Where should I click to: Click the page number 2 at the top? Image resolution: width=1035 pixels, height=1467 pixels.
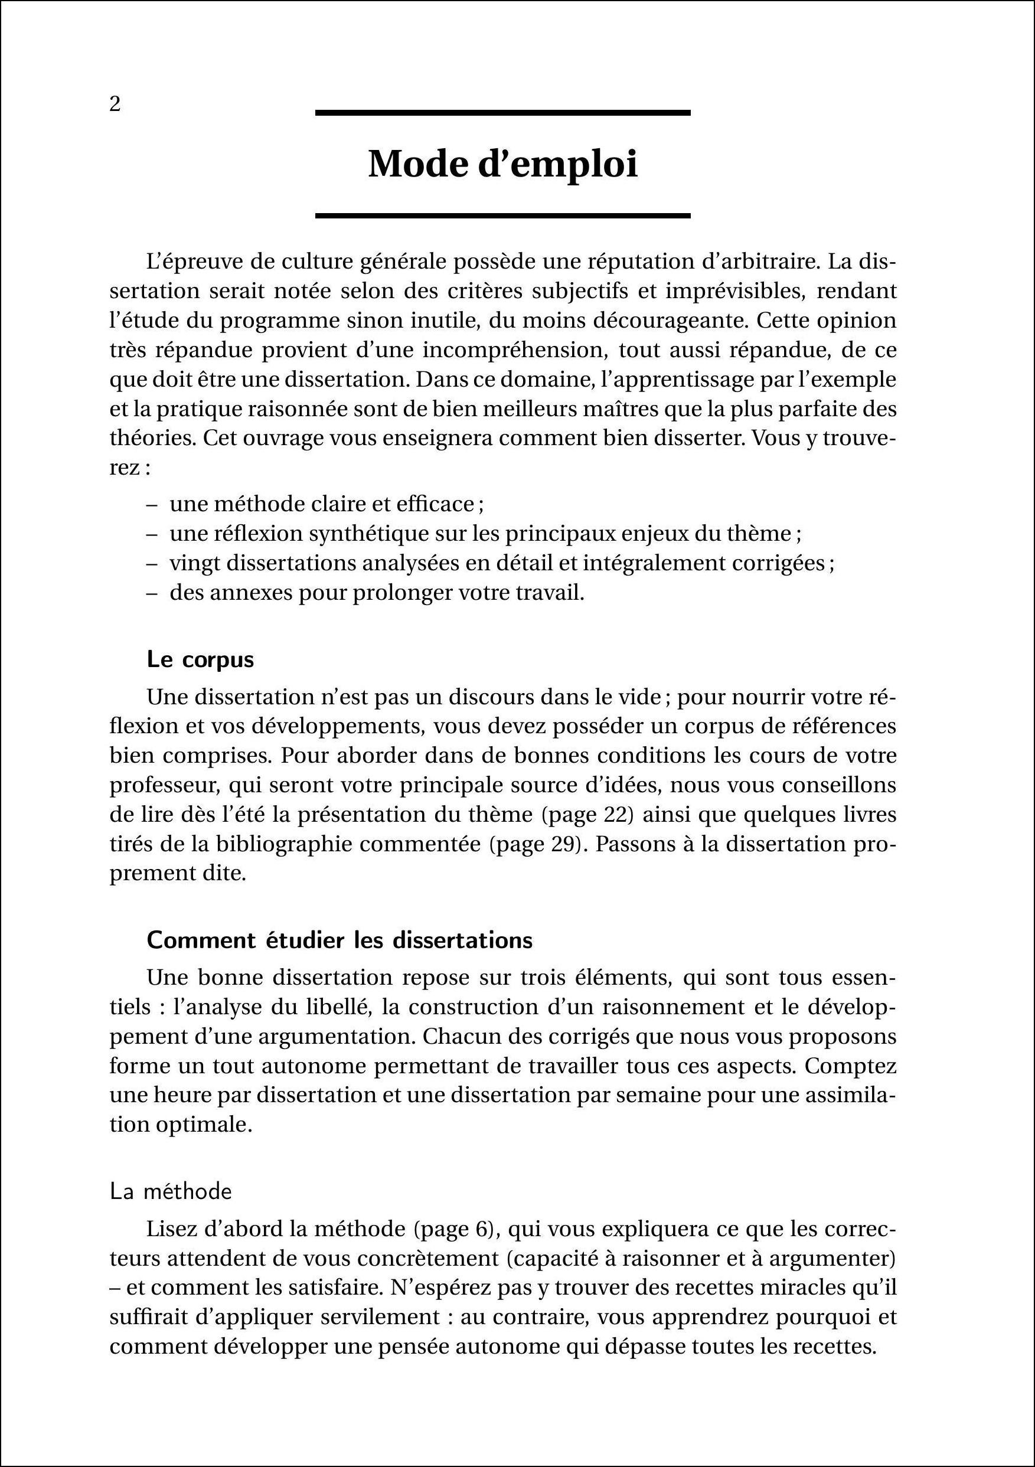115,104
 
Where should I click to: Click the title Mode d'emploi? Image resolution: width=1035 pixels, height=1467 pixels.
503,165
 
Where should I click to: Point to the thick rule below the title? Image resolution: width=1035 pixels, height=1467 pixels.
503,216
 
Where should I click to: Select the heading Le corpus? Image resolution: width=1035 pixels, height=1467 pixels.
200,659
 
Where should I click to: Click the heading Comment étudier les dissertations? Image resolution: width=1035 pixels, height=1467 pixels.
339,940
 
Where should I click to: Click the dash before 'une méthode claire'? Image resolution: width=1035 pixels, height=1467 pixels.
152,505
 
